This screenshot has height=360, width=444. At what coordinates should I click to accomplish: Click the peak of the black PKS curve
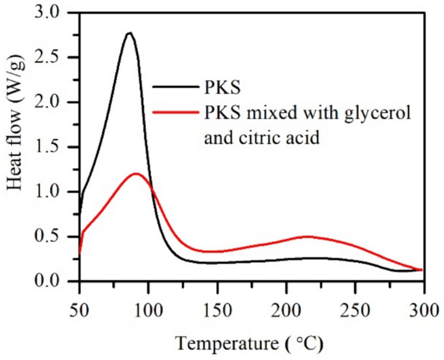(x=129, y=33)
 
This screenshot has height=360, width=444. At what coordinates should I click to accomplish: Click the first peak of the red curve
(x=136, y=173)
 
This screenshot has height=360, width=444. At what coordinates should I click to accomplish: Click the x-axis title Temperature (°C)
(x=251, y=341)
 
